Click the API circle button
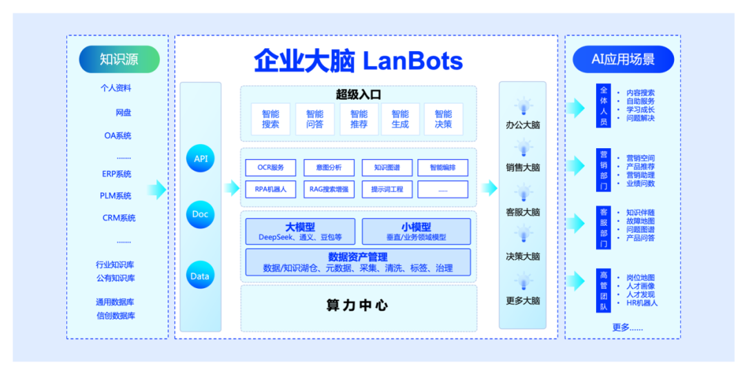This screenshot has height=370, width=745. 200,159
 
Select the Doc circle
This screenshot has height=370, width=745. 200,214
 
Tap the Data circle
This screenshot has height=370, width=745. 200,276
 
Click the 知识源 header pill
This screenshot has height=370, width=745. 119,59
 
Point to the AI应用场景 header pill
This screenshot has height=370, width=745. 623,59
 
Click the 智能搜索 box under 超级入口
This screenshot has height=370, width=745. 270,119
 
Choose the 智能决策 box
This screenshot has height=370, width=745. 443,119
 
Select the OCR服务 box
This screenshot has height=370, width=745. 270,167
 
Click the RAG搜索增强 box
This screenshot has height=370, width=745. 329,189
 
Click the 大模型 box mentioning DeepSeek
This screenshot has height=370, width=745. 300,232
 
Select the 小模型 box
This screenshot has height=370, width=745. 416,232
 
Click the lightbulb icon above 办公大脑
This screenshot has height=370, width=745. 522,106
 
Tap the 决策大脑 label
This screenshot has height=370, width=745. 522,256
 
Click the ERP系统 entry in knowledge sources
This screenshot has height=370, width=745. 117,174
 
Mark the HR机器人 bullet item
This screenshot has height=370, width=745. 642,303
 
